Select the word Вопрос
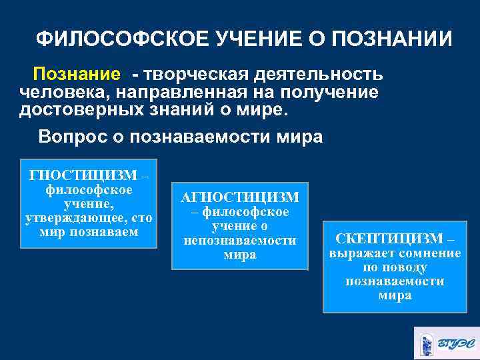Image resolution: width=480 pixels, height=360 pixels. pos(71,137)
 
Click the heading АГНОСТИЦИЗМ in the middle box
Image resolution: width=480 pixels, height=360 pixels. pos(240,198)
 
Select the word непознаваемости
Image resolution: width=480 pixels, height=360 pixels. pos(240,240)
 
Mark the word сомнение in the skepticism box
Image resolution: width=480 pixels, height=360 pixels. pos(426,253)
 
